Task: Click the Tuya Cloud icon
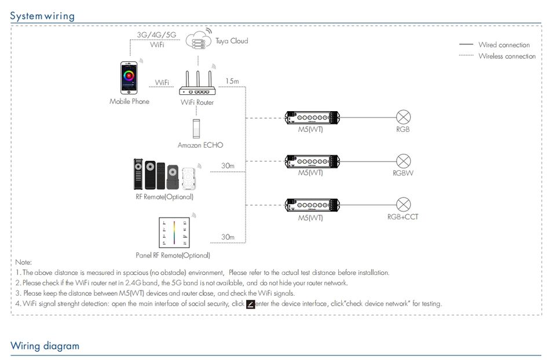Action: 198,41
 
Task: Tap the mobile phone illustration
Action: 129,78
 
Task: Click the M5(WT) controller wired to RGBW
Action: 312,161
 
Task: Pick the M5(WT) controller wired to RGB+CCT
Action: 312,205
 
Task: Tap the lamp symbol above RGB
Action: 403,116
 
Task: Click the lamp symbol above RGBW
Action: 403,160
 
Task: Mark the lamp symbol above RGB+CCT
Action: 403,204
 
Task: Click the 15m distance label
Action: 232,81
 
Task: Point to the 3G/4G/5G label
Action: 156,35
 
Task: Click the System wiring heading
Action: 43,16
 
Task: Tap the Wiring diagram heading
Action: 45,346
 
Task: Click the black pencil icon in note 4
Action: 250,304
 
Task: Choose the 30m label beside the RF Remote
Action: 228,166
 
